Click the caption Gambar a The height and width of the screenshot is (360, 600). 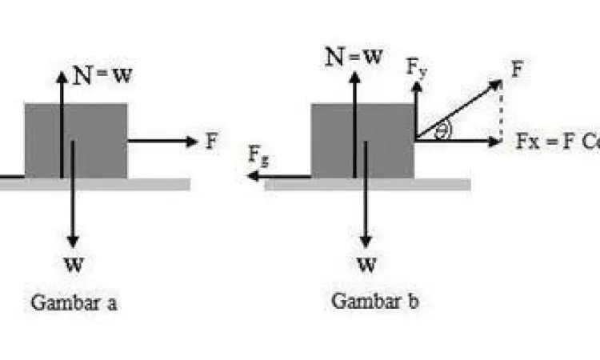point(74,304)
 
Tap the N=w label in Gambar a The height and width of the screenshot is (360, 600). point(102,77)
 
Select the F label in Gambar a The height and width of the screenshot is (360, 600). point(211,142)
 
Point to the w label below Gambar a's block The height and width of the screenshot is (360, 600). point(74,263)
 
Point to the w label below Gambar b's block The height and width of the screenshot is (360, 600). point(366,263)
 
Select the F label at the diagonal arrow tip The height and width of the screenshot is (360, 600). point(517,70)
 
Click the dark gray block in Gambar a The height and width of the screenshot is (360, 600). point(76,140)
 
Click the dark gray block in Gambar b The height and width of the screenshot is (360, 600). point(362,140)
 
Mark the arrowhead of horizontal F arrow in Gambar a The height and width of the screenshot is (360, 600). point(192,142)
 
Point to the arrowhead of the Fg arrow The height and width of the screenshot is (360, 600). point(251,176)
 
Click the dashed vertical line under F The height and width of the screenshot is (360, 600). point(501,112)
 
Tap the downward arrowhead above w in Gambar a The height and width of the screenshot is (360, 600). point(74,241)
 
